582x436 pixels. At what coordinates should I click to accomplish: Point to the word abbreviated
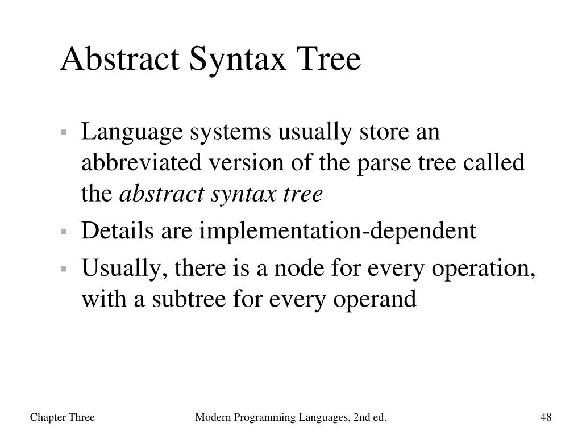[143, 163]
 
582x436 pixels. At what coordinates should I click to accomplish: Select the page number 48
[546, 418]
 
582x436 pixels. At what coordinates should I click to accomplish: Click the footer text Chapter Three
[62, 418]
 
